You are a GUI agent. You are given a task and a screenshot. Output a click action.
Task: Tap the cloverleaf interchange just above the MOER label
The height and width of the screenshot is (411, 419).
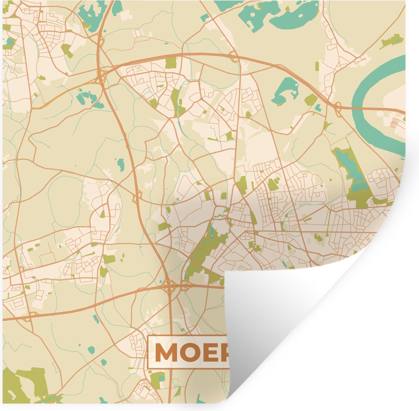170,288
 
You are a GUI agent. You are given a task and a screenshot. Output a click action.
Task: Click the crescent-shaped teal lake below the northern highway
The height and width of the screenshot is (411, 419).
285,91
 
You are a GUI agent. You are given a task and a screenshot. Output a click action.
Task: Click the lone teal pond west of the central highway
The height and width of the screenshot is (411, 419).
121,163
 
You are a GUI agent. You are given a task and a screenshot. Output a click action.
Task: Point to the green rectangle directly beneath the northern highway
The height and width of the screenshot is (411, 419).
171,63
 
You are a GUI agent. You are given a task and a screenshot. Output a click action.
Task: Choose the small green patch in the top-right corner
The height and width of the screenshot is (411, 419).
392,41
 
